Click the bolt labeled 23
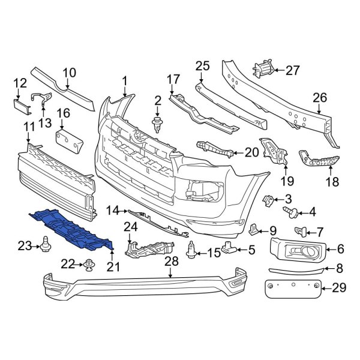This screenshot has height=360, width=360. tap(46, 244)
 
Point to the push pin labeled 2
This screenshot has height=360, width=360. tap(158, 124)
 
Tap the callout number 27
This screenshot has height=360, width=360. tap(292, 70)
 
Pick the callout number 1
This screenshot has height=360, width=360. tap(125, 80)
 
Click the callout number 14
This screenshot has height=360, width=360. tap(113, 211)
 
